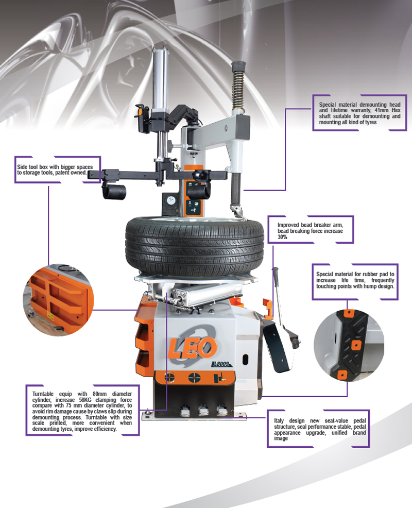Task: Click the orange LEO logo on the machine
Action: coord(193,347)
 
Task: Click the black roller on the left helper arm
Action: coord(114,192)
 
